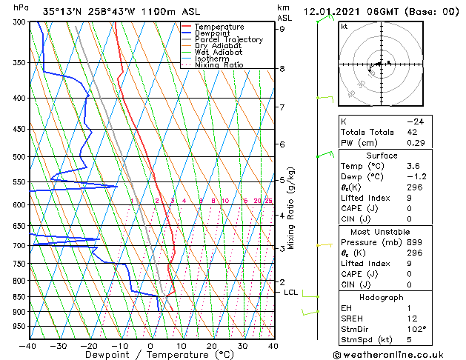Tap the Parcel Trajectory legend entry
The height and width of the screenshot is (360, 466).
coord(228,40)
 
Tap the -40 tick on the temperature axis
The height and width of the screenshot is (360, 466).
coord(28,346)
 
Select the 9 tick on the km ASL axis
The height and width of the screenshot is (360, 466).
coord(282,29)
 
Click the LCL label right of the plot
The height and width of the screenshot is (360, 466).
coord(291,293)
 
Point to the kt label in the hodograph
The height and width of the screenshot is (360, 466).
coord(344,27)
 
